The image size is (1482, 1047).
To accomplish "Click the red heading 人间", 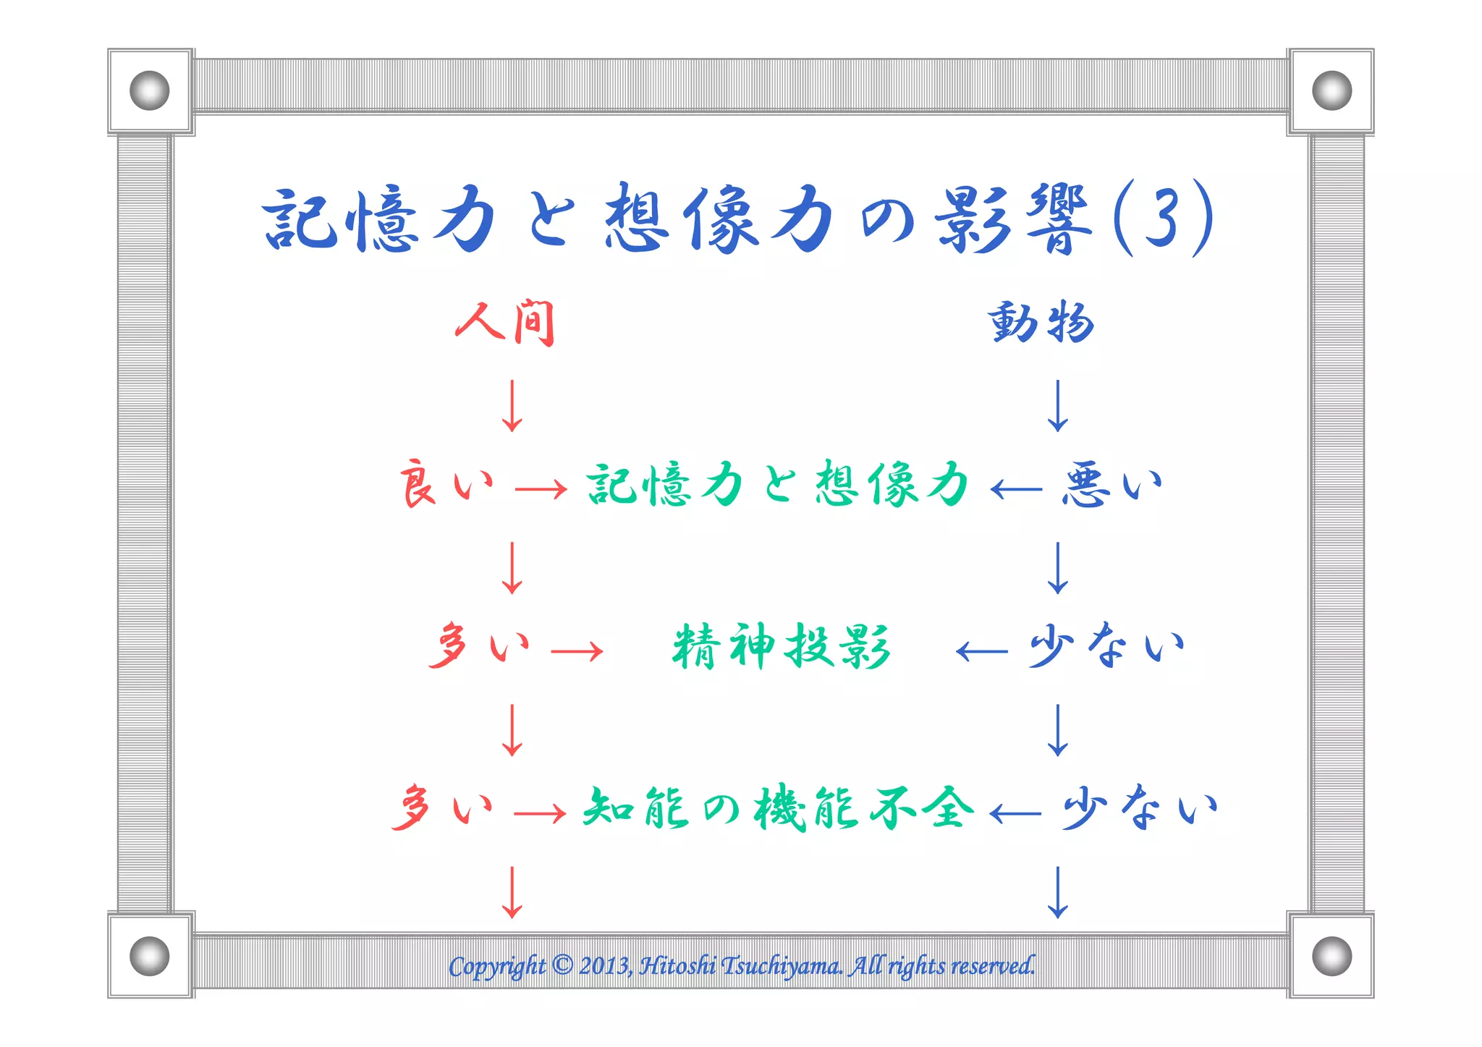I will click(505, 323).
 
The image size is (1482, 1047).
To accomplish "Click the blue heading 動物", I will click(1041, 323).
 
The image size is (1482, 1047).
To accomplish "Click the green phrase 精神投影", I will click(781, 646).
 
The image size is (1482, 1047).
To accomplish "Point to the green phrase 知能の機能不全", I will click(778, 808).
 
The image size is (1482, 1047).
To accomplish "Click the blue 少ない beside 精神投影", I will click(1106, 645).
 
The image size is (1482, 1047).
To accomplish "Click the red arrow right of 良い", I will click(541, 490).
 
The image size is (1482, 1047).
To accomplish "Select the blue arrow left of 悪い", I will click(1016, 490).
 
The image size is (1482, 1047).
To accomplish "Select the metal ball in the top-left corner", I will click(150, 90).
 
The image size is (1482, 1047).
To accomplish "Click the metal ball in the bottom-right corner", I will click(1331, 956).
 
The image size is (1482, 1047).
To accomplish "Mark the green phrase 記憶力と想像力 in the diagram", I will click(778, 484).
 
